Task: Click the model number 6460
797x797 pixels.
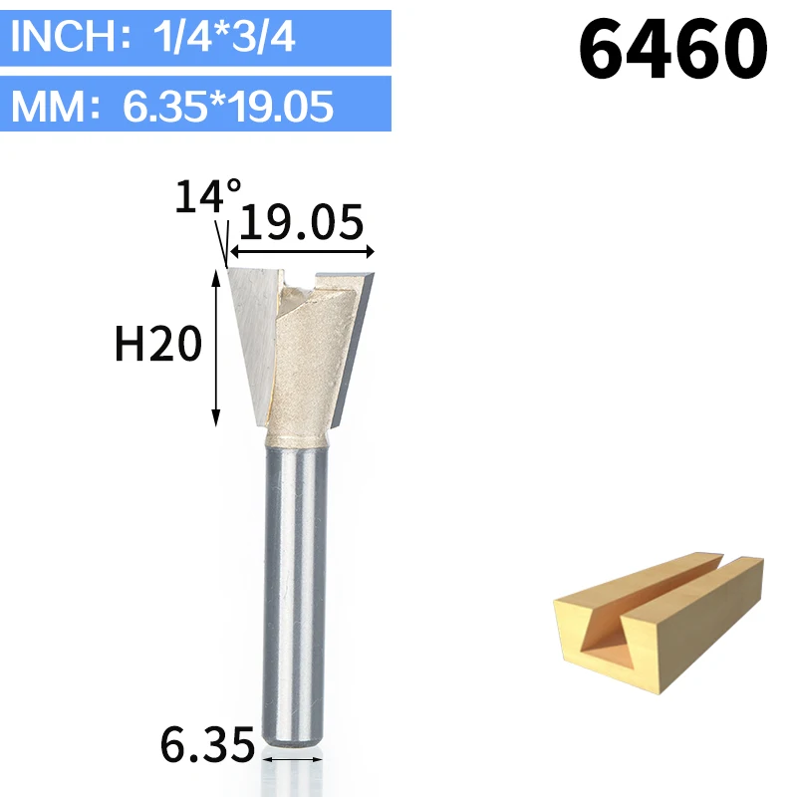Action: [x=673, y=48]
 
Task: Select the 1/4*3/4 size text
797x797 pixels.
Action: [x=223, y=37]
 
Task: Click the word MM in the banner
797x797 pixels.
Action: [x=48, y=107]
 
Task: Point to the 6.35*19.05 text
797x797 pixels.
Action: [x=228, y=107]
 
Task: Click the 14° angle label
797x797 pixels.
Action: [x=207, y=196]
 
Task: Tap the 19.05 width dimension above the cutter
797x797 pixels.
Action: [x=302, y=222]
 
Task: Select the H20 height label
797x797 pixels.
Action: [x=158, y=344]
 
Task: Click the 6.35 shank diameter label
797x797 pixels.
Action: [x=207, y=744]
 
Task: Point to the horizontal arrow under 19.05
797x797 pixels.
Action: [x=302, y=251]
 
